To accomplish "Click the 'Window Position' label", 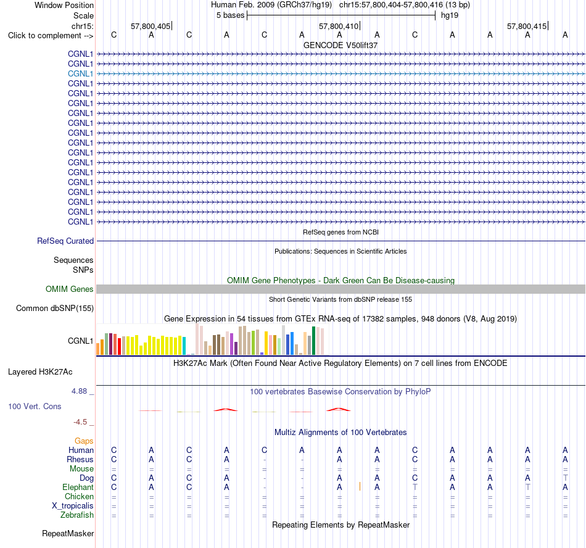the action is point(64,5).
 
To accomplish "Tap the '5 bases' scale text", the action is point(230,15).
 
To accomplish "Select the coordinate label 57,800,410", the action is point(339,26).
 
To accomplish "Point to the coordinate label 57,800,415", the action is point(527,26).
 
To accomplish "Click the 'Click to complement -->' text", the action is point(51,36).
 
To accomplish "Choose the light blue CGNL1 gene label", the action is point(80,73).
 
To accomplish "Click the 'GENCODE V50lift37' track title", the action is point(340,45).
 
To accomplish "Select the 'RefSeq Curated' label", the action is point(65,241).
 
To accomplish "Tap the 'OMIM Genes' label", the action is point(70,289).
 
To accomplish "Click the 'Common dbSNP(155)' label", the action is point(55,309).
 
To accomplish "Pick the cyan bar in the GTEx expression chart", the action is point(184,346).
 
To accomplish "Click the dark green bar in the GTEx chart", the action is point(313,341).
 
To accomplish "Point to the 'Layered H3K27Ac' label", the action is point(40,372).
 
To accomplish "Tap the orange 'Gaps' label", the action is point(84,441).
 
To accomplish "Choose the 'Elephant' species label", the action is point(78,488).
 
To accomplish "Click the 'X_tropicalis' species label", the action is point(73,506).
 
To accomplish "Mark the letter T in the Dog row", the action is point(565,478).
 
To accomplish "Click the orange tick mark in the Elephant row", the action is point(360,486).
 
